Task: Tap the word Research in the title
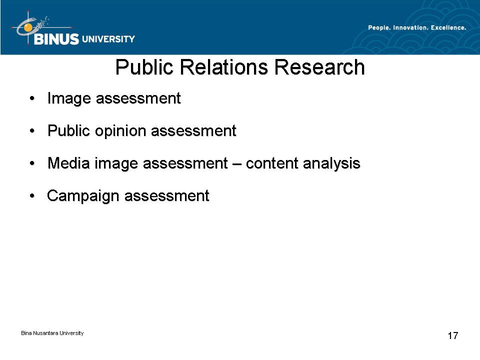tap(319, 67)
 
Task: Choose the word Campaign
tap(83, 196)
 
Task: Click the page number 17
tap(453, 335)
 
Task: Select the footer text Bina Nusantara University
tap(52, 333)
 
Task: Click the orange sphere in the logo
tap(28, 28)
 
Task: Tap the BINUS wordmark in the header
tap(56, 39)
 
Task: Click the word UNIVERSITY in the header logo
tap(108, 39)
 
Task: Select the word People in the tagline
tap(379, 28)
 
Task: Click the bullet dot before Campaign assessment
tap(32, 196)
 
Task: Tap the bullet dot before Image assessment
tap(32, 98)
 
